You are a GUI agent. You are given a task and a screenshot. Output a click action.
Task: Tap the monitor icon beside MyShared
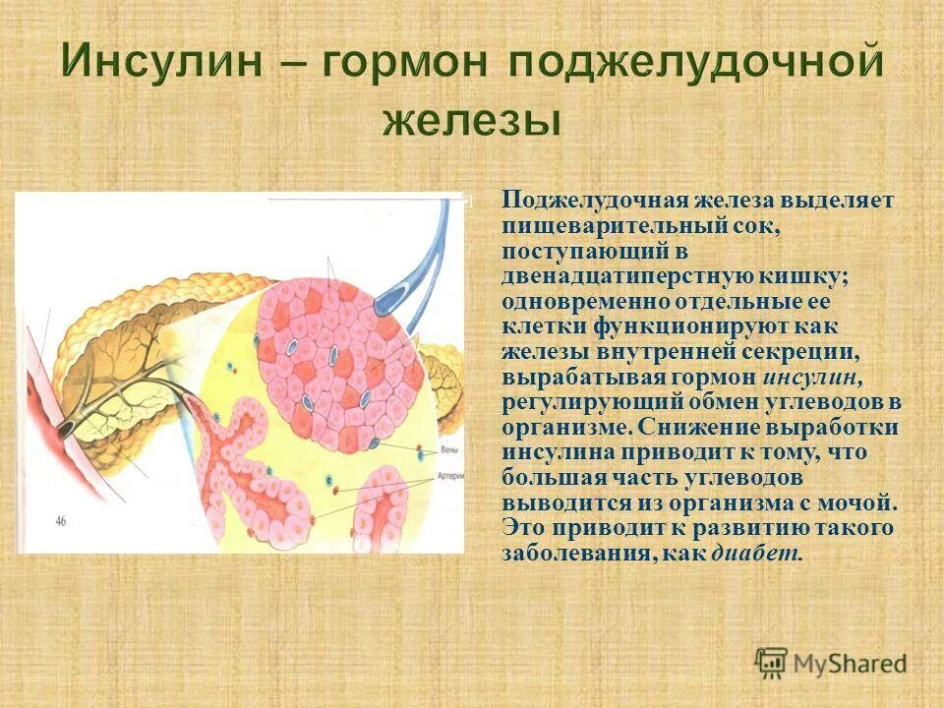click(772, 662)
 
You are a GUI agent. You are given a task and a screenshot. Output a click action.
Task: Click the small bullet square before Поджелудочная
click(467, 202)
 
